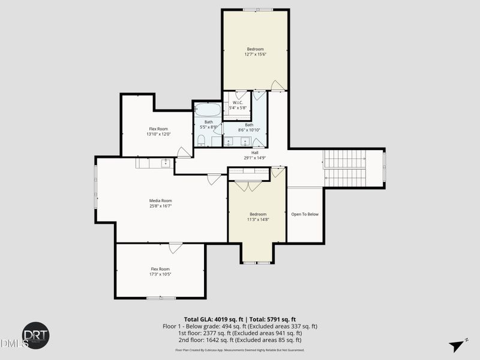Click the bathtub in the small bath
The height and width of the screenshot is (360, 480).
pyautogui.click(x=208, y=110)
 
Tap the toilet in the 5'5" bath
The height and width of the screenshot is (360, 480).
pyautogui.click(x=202, y=140)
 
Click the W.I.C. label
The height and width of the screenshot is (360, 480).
pyautogui.click(x=238, y=102)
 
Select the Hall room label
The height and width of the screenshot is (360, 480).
pyautogui.click(x=254, y=152)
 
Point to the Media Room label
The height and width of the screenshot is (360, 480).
pyautogui.click(x=161, y=200)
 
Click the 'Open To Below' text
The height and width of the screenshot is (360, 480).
pyautogui.click(x=305, y=214)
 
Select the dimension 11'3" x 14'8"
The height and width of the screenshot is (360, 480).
pyautogui.click(x=258, y=220)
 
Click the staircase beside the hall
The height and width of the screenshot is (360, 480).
pyautogui.click(x=344, y=168)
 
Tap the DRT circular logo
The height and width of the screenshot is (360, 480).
pyautogui.click(x=36, y=335)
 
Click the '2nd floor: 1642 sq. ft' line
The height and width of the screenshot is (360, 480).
pyautogui.click(x=240, y=340)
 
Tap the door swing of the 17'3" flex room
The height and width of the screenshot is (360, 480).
pyautogui.click(x=175, y=247)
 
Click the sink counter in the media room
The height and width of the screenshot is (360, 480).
pyautogui.click(x=154, y=163)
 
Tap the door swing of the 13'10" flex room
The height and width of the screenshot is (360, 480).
pyautogui.click(x=184, y=152)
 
